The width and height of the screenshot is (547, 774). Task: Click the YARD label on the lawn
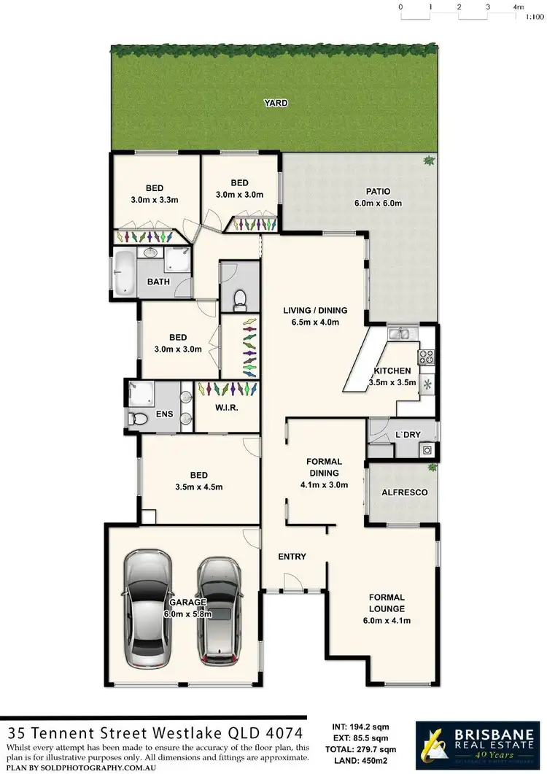[x=276, y=103]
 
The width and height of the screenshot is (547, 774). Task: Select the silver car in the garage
[x=148, y=608]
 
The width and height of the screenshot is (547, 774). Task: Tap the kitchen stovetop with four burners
[x=425, y=357]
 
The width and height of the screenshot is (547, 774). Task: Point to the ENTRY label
[x=292, y=557]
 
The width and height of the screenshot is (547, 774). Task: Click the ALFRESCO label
[x=404, y=492]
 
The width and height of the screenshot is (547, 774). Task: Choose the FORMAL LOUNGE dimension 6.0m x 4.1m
[x=387, y=621]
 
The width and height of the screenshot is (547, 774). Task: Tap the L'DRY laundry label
[x=407, y=435]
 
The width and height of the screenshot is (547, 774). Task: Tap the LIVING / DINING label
[x=314, y=310]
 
